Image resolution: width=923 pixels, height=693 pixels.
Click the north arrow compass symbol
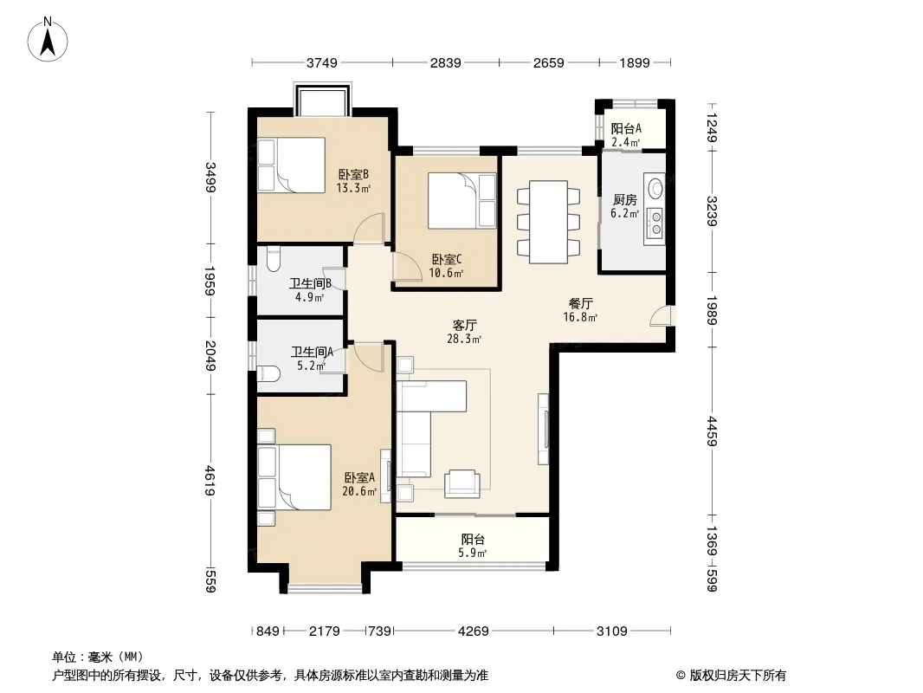click(48, 40)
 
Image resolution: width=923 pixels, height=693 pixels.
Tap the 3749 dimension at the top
click(322, 62)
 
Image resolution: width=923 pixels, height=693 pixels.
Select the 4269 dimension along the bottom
click(474, 631)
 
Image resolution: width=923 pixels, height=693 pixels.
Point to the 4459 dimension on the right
click(712, 431)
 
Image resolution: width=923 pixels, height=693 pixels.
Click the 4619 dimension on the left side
click(210, 481)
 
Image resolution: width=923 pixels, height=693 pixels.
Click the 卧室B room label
click(353, 175)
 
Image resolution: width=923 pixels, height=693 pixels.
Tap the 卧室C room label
click(447, 259)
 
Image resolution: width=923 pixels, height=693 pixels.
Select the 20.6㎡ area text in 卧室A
click(359, 491)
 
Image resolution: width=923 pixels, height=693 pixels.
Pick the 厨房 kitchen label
click(624, 200)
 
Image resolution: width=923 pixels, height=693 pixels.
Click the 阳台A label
click(626, 128)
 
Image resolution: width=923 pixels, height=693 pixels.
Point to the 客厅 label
click(464, 325)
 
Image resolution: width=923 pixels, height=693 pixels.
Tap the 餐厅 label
click(580, 303)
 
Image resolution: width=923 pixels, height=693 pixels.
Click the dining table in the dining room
click(548, 222)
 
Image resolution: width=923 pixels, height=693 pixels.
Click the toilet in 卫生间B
click(274, 259)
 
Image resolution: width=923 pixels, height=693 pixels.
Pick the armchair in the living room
click(462, 483)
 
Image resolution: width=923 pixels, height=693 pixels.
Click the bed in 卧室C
click(462, 200)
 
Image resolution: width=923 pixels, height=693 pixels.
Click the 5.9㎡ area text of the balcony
click(472, 553)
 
